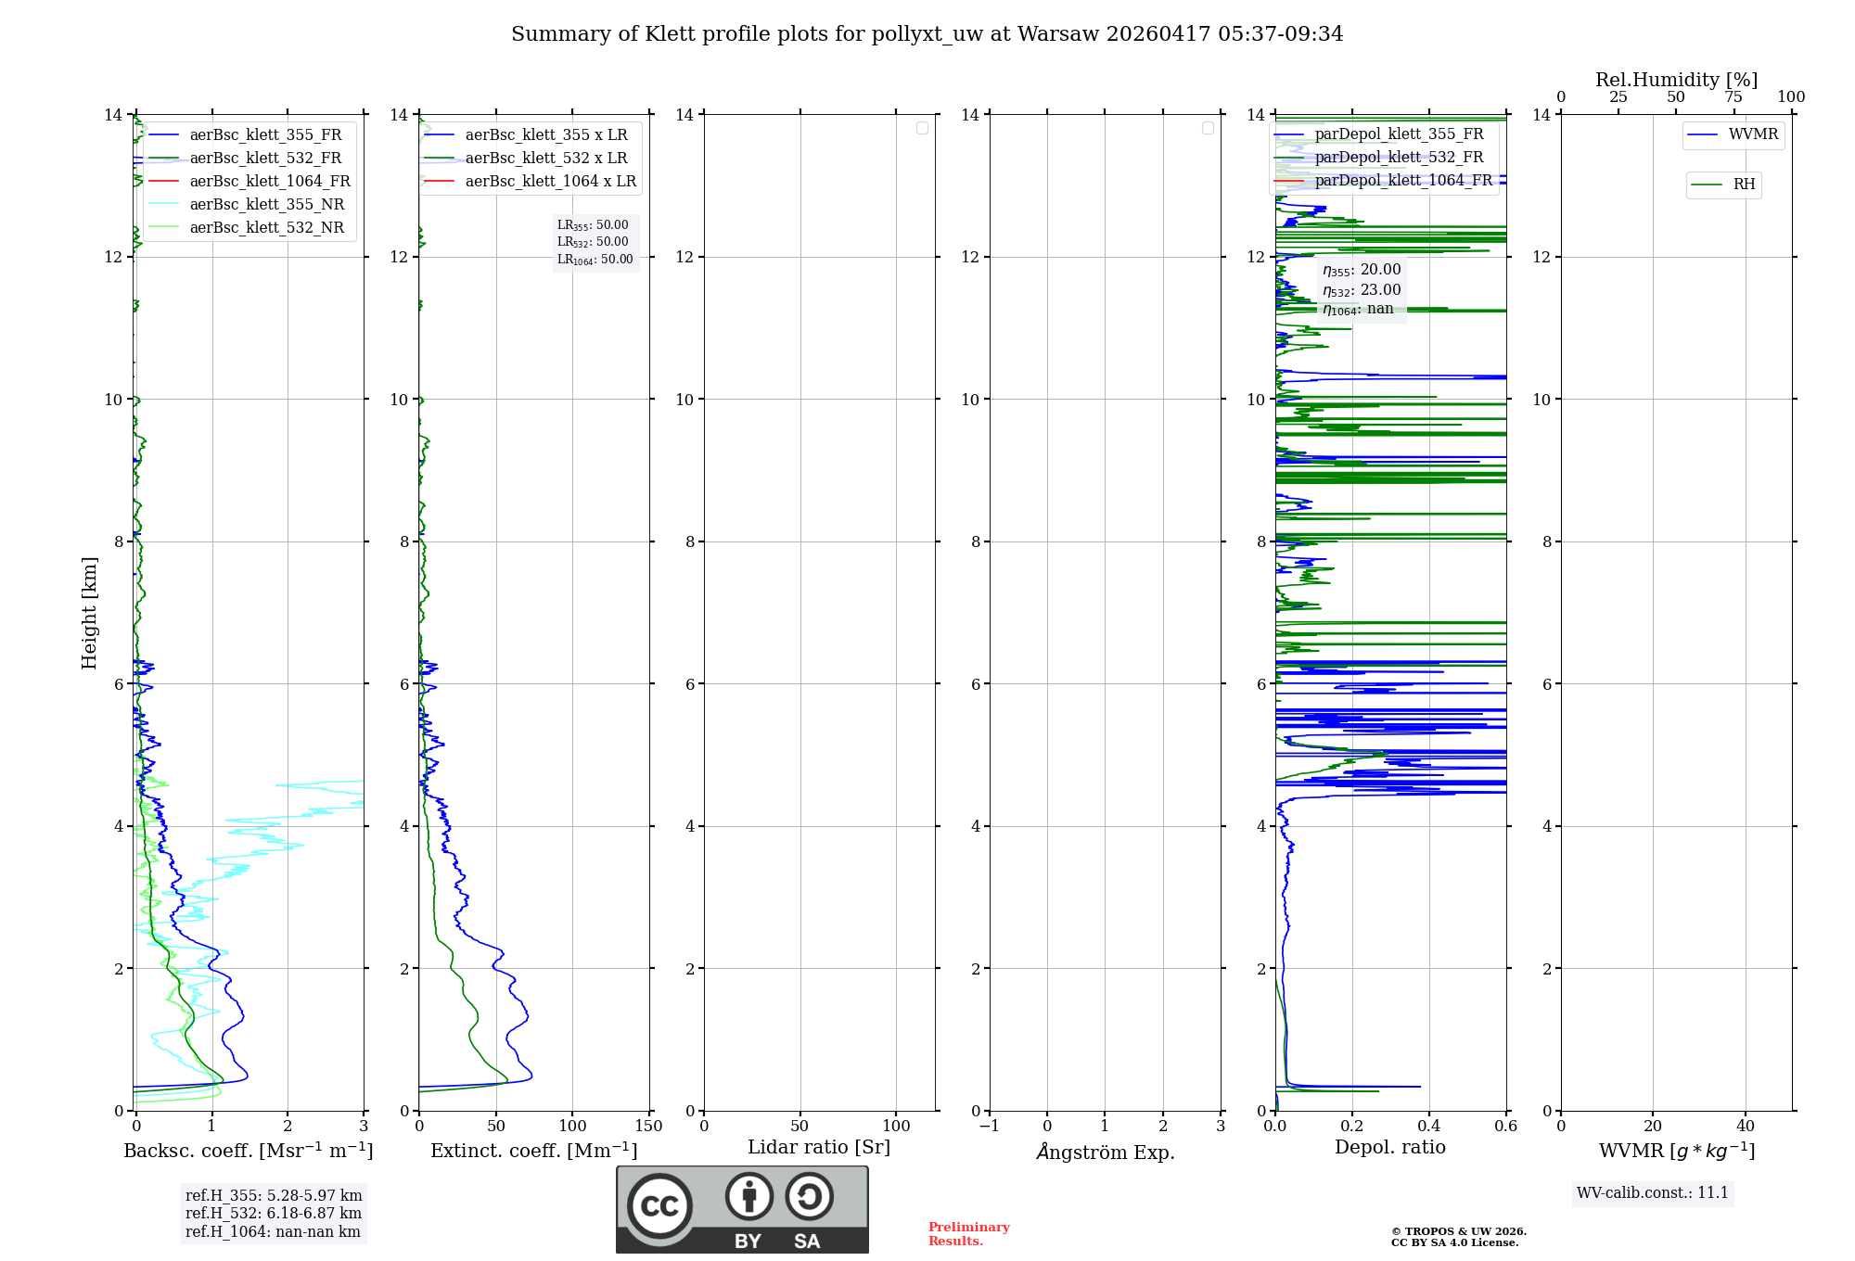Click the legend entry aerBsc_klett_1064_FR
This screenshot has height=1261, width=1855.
269,182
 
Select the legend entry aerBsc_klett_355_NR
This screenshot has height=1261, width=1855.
266,205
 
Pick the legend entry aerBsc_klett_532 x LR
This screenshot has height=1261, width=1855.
545,159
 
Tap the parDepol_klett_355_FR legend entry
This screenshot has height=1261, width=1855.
1399,134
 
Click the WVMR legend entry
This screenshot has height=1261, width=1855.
1753,134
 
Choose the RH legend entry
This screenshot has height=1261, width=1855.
1744,185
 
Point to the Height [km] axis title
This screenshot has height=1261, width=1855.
89,613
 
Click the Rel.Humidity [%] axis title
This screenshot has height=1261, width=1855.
1676,80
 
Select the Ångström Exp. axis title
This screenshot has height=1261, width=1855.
1105,1152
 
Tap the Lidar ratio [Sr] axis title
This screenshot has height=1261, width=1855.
819,1148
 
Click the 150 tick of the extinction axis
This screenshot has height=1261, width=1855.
649,1127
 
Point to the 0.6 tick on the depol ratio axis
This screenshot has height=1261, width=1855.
1505,1127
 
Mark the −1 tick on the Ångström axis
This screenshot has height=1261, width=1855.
990,1127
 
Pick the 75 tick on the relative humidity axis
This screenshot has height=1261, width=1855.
1733,97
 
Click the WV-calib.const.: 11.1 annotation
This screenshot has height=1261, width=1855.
1653,1193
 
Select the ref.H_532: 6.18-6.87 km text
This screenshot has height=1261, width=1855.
274,1214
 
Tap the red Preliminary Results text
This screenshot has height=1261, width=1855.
968,1234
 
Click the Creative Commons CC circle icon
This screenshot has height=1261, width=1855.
659,1206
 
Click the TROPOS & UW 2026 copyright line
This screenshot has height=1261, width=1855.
1458,1232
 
